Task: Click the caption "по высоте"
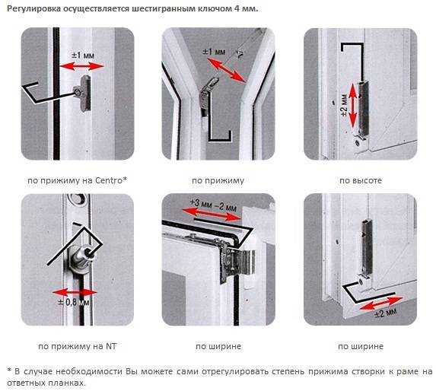tap(361, 180)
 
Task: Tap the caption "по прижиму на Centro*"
tap(78, 180)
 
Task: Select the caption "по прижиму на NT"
tap(78, 346)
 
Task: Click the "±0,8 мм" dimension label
tap(74, 302)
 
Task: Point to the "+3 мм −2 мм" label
tap(213, 205)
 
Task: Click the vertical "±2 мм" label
tap(344, 105)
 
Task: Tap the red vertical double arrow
tap(352, 105)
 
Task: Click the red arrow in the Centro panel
tap(81, 66)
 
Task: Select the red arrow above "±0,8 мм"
tap(75, 292)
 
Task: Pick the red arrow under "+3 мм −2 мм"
tap(212, 215)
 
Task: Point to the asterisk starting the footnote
tap(9, 370)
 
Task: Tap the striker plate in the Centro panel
tap(85, 93)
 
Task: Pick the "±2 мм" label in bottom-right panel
tap(385, 313)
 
